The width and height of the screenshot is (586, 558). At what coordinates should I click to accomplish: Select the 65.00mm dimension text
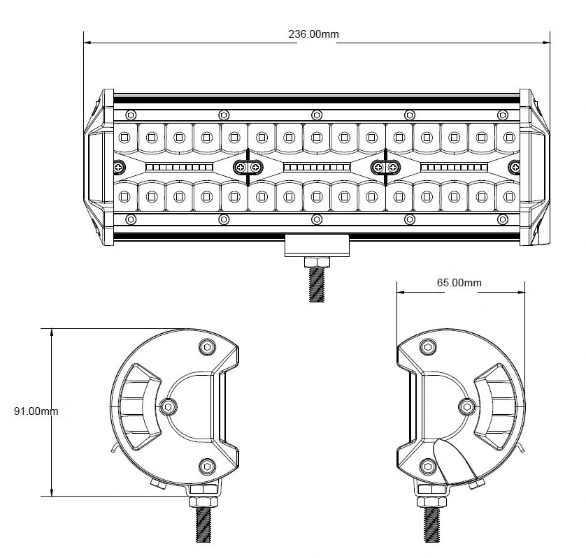[x=459, y=283]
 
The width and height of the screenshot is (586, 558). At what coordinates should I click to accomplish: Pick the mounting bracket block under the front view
[x=317, y=245]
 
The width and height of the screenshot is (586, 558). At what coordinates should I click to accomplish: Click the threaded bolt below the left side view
[x=203, y=523]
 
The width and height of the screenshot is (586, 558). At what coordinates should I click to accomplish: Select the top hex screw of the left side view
[x=206, y=347]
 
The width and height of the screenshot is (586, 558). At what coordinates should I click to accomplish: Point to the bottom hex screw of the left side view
[x=206, y=465]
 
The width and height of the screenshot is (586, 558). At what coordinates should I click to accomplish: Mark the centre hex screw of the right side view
[x=469, y=406]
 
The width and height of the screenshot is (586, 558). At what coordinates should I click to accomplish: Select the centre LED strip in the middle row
[x=317, y=168]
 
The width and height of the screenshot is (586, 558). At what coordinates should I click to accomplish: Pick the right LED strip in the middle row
[x=454, y=168]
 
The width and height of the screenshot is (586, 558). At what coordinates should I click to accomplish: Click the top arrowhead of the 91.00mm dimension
[x=52, y=331]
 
